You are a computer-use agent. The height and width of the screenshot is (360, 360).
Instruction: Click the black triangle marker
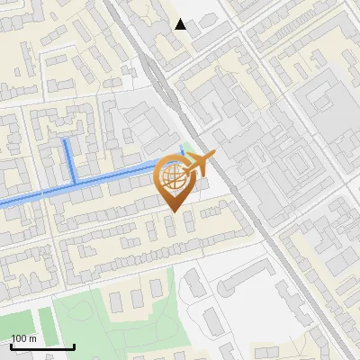click(x=181, y=24)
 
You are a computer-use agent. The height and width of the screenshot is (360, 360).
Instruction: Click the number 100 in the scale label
click(x=19, y=338)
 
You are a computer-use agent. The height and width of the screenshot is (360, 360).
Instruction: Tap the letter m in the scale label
click(x=32, y=338)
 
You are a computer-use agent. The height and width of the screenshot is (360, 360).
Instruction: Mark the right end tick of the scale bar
click(x=74, y=346)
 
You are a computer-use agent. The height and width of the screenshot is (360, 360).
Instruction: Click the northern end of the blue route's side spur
click(x=66, y=141)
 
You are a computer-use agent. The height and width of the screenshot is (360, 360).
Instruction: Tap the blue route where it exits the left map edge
click(x=2, y=203)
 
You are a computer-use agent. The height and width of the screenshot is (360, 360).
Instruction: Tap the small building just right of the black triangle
click(x=197, y=28)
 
